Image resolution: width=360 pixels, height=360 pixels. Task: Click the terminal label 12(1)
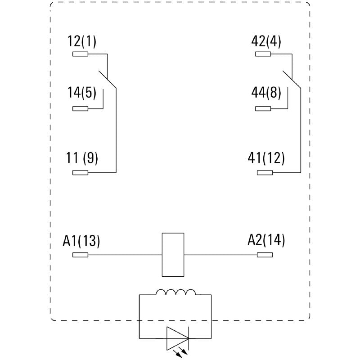click(x=82, y=42)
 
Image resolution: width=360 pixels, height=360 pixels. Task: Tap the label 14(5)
click(x=82, y=93)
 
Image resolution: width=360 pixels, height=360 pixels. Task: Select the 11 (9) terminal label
click(x=82, y=158)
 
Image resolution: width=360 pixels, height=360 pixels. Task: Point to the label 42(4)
click(x=266, y=42)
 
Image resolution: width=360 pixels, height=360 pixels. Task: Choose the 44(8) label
click(x=266, y=93)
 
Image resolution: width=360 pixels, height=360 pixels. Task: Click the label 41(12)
click(x=266, y=158)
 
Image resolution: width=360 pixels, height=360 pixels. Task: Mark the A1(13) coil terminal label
click(x=81, y=241)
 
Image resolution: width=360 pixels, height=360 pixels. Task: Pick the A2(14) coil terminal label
click(x=266, y=240)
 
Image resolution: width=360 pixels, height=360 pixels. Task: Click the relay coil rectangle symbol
click(x=172, y=255)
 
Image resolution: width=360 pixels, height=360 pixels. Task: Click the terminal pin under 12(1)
click(x=81, y=54)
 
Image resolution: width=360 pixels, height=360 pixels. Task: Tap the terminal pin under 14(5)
click(x=81, y=108)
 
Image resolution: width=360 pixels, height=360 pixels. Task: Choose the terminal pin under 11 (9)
click(x=81, y=172)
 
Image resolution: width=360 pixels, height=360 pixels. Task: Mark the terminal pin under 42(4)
click(x=263, y=54)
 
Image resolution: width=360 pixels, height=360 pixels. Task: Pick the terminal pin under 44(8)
click(x=263, y=108)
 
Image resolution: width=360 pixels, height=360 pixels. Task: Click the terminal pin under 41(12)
click(x=265, y=172)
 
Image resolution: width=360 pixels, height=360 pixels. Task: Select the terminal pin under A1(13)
click(x=81, y=255)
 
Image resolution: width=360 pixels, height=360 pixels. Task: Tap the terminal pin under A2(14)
click(x=265, y=255)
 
